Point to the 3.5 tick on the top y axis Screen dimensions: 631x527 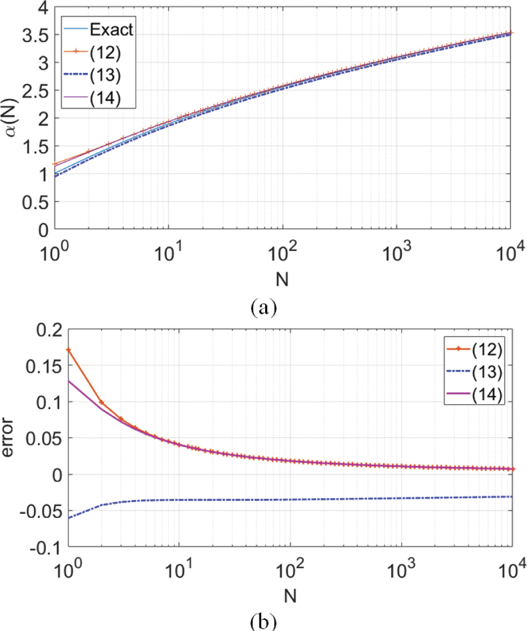[x=33, y=35]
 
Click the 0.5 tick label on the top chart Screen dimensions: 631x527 [x=33, y=202]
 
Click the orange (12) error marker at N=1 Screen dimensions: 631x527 [x=68, y=350]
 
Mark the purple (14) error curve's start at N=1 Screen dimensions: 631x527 [x=68, y=381]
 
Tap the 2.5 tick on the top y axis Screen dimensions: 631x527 [x=33, y=90]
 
